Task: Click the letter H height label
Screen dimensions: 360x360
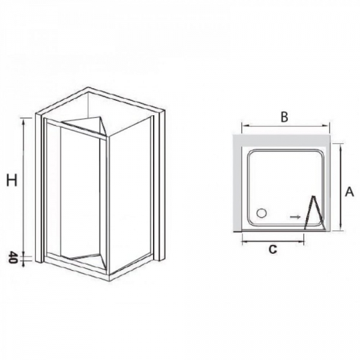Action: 12,180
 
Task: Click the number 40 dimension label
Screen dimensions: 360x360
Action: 13,257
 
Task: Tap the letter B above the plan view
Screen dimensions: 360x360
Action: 284,117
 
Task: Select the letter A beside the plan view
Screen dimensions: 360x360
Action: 349,191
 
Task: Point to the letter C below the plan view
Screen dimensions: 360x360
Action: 272,249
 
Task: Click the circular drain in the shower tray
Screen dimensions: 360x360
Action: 261,213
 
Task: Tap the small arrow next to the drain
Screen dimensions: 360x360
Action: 295,217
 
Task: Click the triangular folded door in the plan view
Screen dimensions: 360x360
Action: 314,212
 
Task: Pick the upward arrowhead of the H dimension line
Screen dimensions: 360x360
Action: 23,122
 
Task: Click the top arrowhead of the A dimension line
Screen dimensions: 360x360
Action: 341,147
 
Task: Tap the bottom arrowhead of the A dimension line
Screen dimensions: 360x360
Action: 341,227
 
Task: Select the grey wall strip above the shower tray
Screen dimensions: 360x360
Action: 281,140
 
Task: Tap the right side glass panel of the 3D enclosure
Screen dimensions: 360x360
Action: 130,193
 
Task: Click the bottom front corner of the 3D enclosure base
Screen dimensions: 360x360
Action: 110,280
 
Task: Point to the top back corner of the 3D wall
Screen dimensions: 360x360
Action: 88,88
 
